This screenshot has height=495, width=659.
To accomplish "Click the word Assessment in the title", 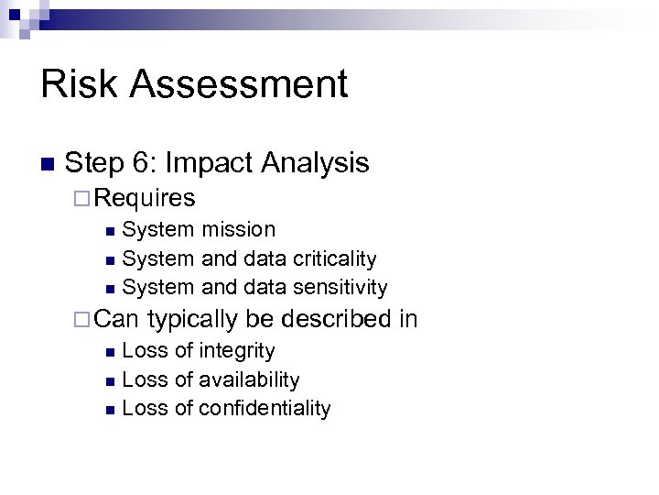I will (239, 83).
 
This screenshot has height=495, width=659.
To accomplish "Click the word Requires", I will (145, 197).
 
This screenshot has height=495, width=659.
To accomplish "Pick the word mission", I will (238, 228).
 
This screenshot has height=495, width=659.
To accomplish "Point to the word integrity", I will (236, 350).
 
